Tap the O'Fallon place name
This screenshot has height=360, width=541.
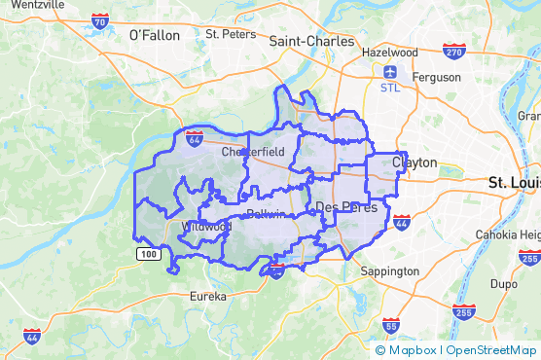coord(155,35)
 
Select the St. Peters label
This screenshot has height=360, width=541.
coord(231,34)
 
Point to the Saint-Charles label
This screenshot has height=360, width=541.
coord(305,42)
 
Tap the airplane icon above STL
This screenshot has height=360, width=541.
coord(390,72)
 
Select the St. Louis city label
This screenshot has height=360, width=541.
coord(513,182)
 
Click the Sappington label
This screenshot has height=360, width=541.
coord(388,271)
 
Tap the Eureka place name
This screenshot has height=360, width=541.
coord(207,295)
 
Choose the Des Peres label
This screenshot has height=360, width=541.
coord(340,207)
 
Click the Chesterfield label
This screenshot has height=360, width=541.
coord(253,152)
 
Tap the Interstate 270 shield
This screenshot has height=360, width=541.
coord(452,51)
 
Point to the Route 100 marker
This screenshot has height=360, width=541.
coord(146,254)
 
